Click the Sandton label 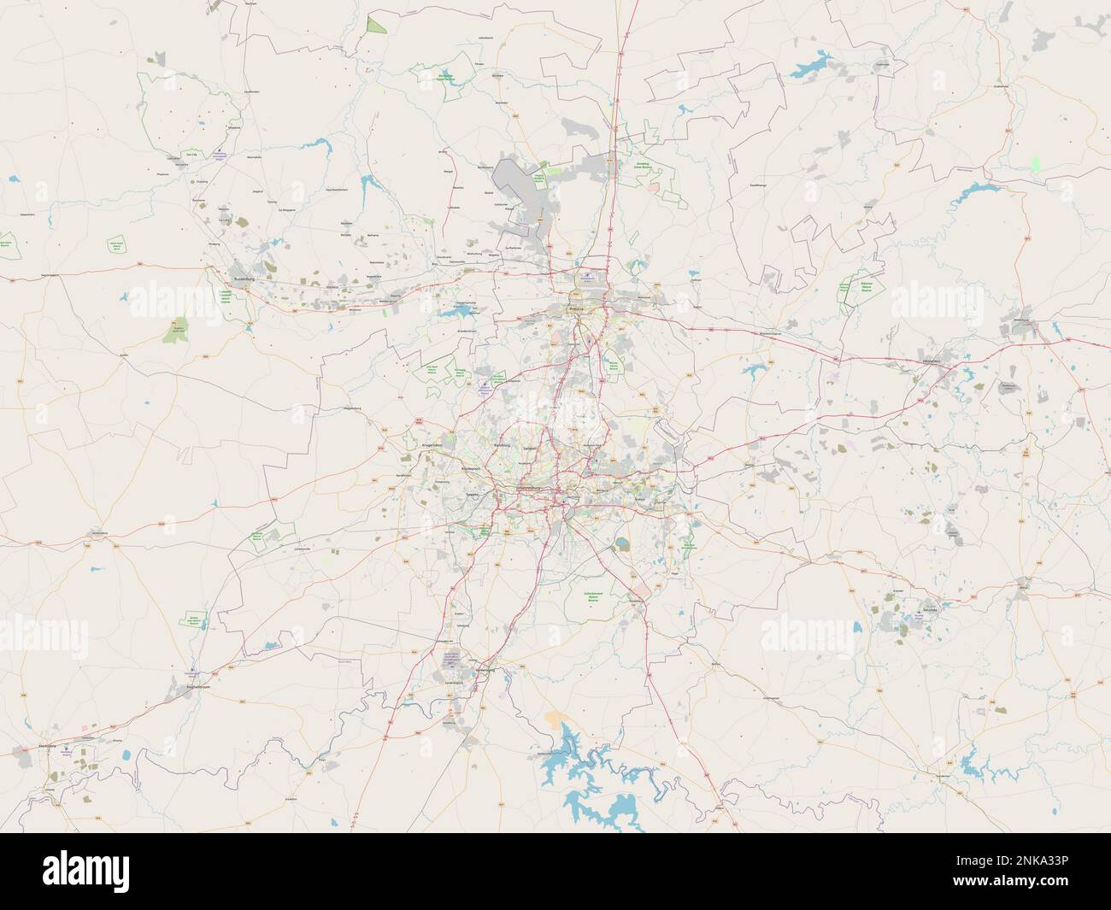[530, 447]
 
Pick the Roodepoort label [472, 469]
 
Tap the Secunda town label [929, 612]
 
